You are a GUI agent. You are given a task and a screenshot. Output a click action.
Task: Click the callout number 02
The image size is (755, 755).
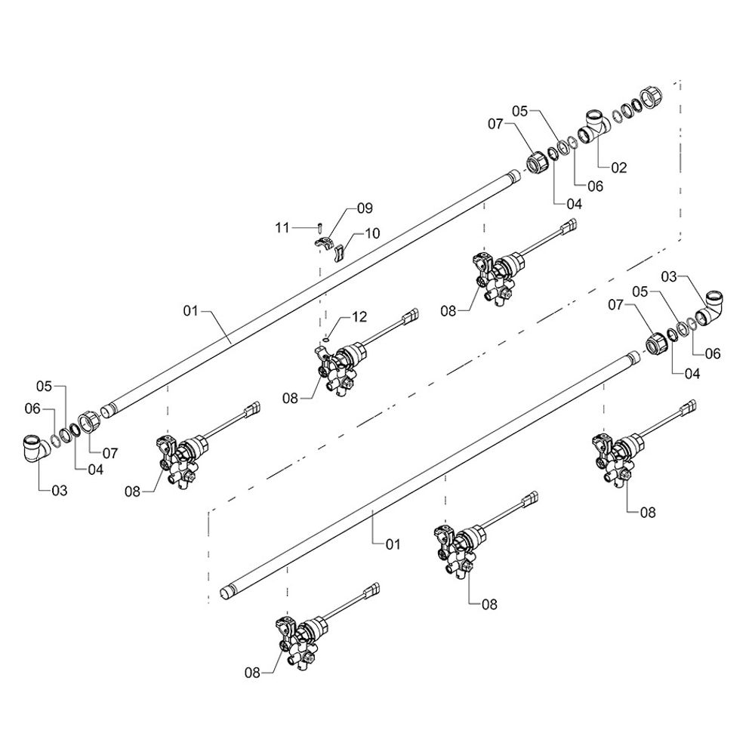click(x=618, y=168)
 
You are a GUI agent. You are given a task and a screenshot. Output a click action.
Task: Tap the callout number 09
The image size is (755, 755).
click(x=365, y=207)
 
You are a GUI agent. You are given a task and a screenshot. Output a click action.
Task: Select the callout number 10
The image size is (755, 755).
click(x=371, y=234)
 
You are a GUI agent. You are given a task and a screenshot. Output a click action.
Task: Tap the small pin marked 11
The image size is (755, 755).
click(x=320, y=226)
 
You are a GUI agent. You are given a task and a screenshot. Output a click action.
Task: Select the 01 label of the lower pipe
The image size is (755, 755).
click(x=393, y=544)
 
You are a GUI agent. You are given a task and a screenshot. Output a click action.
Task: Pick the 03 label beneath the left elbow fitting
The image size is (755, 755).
click(x=59, y=491)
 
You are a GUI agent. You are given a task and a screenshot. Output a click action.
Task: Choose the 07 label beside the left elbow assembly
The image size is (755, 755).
click(x=110, y=454)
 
